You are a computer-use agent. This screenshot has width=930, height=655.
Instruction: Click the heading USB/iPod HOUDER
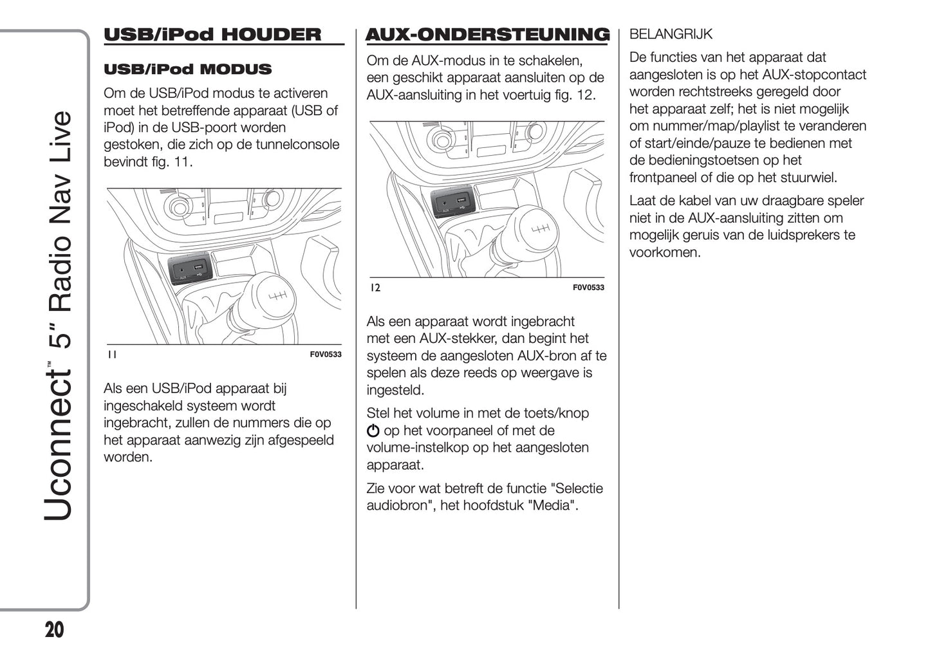pos(212,35)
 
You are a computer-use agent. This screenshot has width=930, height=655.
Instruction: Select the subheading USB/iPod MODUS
pos(187,69)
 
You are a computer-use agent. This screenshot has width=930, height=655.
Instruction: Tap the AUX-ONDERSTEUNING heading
pos(487,35)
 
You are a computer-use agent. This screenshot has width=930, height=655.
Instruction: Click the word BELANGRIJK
pos(671,34)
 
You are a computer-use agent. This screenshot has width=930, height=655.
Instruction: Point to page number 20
pos(55,630)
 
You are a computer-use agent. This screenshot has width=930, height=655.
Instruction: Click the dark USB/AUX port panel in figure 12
pos(450,203)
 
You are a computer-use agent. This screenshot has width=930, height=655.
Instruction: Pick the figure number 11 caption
pos(112,355)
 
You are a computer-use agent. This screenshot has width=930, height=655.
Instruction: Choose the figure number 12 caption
pos(375,288)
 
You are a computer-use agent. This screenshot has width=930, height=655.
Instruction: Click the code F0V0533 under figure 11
pos(326,355)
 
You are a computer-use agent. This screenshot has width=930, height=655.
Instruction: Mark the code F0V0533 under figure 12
pos(588,288)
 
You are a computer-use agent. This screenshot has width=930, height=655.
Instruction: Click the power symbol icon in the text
pos(373,431)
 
